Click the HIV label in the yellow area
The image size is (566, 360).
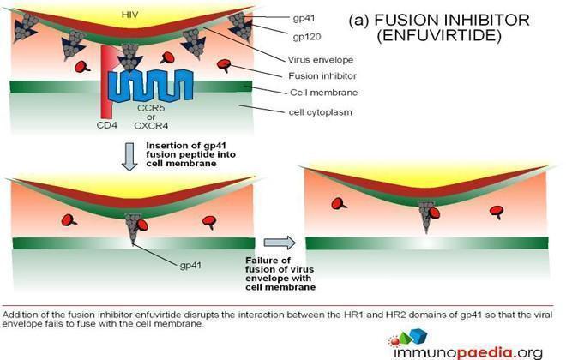point(130,15)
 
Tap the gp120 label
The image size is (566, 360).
point(307,37)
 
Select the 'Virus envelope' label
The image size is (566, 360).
point(320,60)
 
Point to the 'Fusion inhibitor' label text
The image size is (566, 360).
point(322,76)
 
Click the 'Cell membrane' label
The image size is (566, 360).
point(324,93)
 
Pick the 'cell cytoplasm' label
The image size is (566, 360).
point(320,112)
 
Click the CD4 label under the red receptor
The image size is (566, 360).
point(107,125)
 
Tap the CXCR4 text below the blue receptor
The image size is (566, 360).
point(151,126)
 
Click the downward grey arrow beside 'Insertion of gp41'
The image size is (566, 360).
point(129,157)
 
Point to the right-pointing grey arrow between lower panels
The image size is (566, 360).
point(280,243)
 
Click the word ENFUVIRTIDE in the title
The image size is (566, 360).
point(439,36)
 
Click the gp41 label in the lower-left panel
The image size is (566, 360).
point(190,266)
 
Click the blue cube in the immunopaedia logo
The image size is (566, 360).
point(418,336)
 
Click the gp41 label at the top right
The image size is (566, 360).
point(304,18)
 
